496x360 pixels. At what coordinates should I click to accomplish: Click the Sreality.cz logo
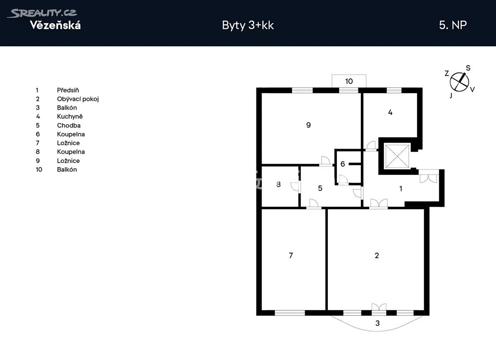(x=42, y=13)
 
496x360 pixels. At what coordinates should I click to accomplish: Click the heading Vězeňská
(x=55, y=25)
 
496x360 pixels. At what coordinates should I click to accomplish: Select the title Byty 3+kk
(x=248, y=26)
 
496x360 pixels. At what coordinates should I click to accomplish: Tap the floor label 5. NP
(x=453, y=25)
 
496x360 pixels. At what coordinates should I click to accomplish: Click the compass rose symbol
(x=460, y=82)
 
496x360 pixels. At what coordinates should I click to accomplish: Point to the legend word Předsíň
(x=68, y=90)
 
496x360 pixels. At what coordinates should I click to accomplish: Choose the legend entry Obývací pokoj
(x=78, y=99)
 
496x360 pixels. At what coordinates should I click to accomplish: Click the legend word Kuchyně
(x=70, y=117)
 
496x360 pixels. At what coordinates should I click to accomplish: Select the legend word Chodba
(x=69, y=125)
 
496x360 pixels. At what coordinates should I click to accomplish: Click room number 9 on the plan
(x=308, y=125)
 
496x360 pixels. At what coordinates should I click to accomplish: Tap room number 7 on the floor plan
(x=291, y=255)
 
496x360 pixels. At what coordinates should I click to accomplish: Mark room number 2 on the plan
(x=377, y=255)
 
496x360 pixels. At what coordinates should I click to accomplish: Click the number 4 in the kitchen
(x=390, y=112)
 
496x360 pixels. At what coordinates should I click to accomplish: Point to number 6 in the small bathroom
(x=343, y=164)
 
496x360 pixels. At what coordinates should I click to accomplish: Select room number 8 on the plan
(x=279, y=184)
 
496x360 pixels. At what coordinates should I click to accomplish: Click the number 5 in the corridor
(x=320, y=188)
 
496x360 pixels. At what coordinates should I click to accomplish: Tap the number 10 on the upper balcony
(x=349, y=81)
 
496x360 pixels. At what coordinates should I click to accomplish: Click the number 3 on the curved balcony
(x=377, y=323)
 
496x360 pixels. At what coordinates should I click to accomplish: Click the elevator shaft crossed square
(x=397, y=156)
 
